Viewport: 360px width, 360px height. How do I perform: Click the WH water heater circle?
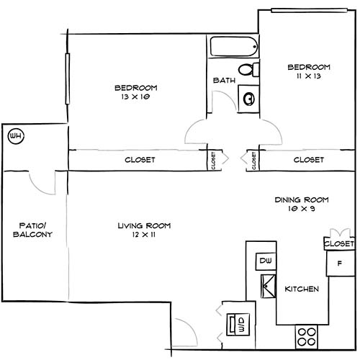(14, 135)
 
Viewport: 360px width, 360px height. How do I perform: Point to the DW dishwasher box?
(264, 261)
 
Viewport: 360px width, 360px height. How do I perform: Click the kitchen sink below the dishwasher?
(266, 287)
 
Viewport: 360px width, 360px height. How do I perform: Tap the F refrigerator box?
(338, 263)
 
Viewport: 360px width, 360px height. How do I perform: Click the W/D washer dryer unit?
(234, 323)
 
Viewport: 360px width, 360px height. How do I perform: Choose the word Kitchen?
(302, 288)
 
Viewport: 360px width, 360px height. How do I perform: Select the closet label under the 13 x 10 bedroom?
(140, 160)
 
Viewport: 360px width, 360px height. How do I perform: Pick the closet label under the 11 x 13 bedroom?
(308, 160)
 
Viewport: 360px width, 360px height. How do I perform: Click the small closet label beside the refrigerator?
(338, 244)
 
